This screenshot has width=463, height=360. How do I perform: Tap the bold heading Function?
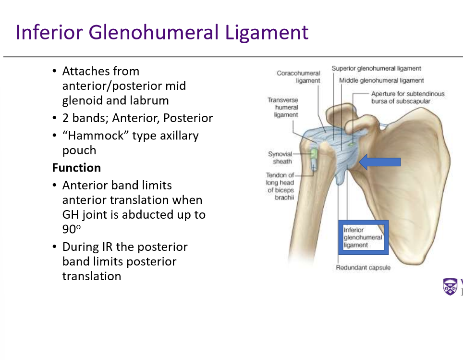pyautogui.click(x=76, y=168)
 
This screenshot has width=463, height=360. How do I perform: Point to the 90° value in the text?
pyautogui.click(x=70, y=229)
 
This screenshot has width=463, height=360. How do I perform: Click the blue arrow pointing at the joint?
pyautogui.click(x=379, y=162)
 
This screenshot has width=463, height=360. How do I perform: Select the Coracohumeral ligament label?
pyautogui.click(x=298, y=77)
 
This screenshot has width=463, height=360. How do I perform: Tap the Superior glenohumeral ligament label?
pyautogui.click(x=376, y=69)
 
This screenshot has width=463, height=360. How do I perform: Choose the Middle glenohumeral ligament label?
pyautogui.click(x=381, y=80)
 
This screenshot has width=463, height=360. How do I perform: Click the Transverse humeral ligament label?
pyautogui.click(x=283, y=107)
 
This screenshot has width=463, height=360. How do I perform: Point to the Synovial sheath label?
pyautogui.click(x=280, y=158)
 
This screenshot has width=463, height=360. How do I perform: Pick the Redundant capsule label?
pyautogui.click(x=363, y=267)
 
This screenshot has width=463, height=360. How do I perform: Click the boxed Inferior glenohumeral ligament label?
pyautogui.click(x=363, y=237)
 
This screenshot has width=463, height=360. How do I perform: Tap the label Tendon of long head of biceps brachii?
pyautogui.click(x=280, y=186)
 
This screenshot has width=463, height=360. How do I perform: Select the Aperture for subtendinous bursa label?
pyautogui.click(x=407, y=98)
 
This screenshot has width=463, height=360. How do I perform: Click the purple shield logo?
pyautogui.click(x=450, y=286)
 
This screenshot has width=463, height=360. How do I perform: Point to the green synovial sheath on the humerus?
pyautogui.click(x=314, y=154)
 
